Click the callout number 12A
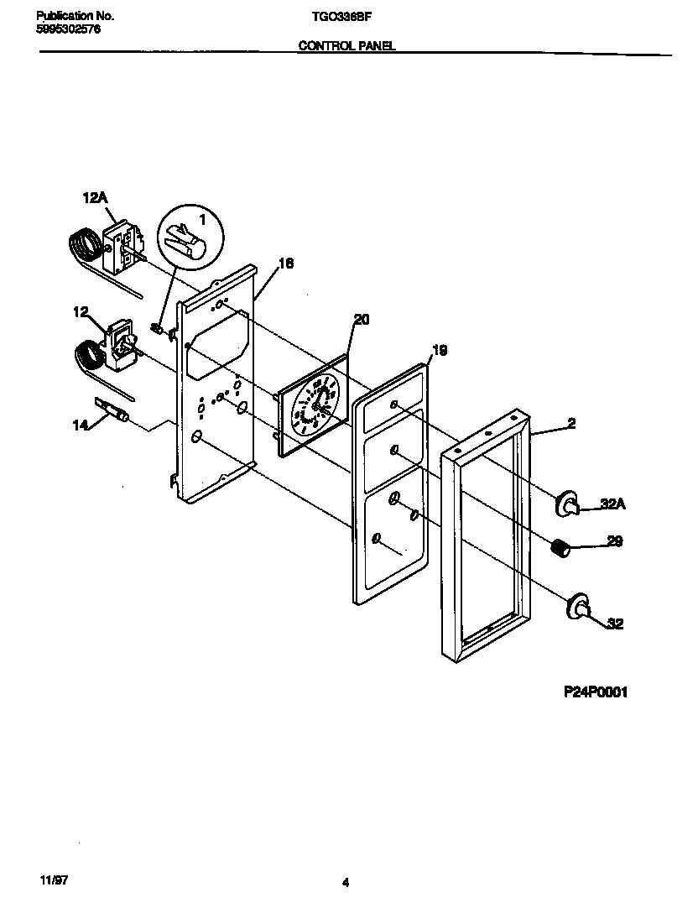[x=95, y=198]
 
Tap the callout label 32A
[x=614, y=505]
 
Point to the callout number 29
[x=614, y=543]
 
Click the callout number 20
[x=361, y=319]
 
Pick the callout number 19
[x=439, y=351]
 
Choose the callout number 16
[x=285, y=264]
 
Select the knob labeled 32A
[x=567, y=502]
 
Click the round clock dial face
[x=314, y=404]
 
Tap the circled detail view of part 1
[x=191, y=237]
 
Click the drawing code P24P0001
[x=595, y=692]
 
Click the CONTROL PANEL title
[x=347, y=47]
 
